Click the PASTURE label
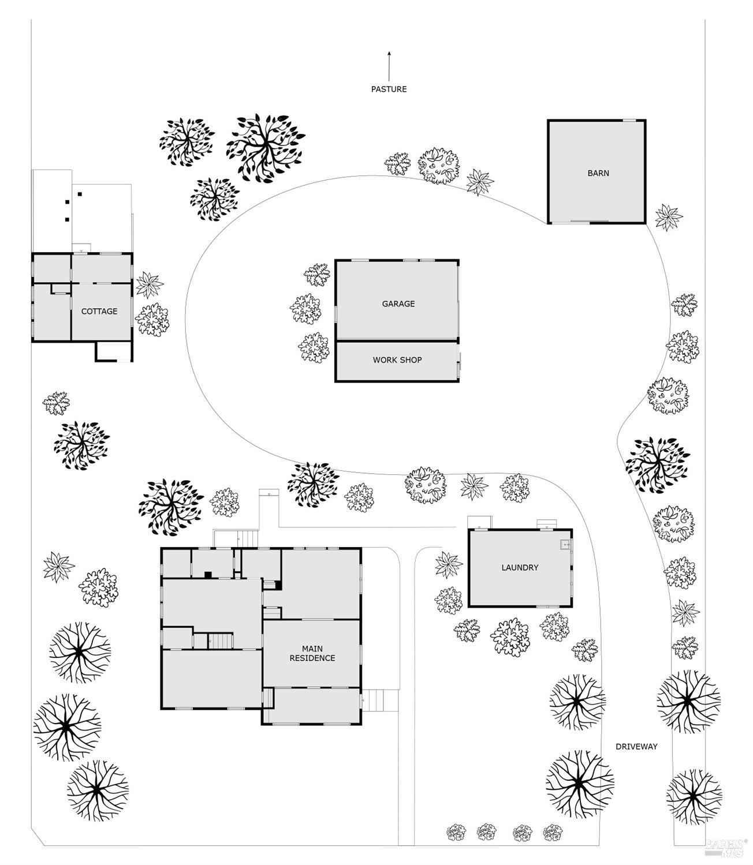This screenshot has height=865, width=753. tap(389, 89)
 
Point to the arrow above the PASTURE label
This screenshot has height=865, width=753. tap(389, 66)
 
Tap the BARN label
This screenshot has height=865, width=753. tap(598, 173)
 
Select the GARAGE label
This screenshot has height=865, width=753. tap(398, 304)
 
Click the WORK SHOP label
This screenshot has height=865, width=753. tap(397, 360)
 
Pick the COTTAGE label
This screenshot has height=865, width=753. tap(99, 311)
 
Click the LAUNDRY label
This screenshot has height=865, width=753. tap(520, 567)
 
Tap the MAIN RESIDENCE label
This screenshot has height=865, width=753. tap(312, 653)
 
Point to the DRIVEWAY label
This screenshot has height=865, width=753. tap(636, 747)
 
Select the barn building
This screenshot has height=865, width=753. tap(597, 171)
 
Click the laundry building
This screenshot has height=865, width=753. tap(520, 568)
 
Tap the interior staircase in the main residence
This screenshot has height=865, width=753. tap(221, 641)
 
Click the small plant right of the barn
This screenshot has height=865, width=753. tap(669, 218)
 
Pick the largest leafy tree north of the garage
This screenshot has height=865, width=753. tap(266, 148)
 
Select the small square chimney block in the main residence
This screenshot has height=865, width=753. tap(208, 575)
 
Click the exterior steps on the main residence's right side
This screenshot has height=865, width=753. tap(381, 700)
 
